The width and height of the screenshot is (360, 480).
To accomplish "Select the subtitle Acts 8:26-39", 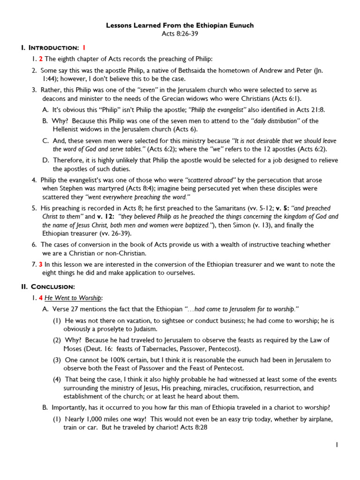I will [180, 34].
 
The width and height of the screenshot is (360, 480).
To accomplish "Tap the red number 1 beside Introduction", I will [84, 47].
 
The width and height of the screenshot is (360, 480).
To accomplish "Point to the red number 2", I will [40, 59].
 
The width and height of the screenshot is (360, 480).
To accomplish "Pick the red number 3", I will [40, 264].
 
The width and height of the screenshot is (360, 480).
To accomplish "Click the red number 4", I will [40, 298].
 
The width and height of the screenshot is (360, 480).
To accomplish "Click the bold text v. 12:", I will [106, 216].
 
